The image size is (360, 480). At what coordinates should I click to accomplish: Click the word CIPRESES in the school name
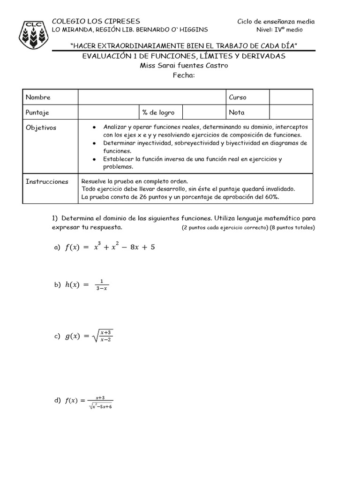coord(121,21)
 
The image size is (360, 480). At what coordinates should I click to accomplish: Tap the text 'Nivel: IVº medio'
coord(279,30)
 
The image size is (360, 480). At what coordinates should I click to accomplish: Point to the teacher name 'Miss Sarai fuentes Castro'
coord(184,65)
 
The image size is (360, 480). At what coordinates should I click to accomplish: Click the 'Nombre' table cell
coord(38,97)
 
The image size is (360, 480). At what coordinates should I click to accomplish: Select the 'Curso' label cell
coord(237,97)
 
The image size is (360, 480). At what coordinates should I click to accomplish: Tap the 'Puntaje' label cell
coord(37,112)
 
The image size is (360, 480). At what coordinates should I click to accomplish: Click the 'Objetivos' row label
coord(41,127)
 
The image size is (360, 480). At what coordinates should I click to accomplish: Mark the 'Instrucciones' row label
coord(47,181)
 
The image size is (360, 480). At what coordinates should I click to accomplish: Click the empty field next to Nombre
coord(151,97)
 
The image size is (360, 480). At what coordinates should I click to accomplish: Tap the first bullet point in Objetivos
coord(95,127)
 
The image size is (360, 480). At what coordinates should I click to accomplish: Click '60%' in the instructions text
coord(271,197)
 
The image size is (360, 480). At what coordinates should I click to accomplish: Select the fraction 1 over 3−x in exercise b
coord(101,285)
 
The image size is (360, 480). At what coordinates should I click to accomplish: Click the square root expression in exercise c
coord(103,336)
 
